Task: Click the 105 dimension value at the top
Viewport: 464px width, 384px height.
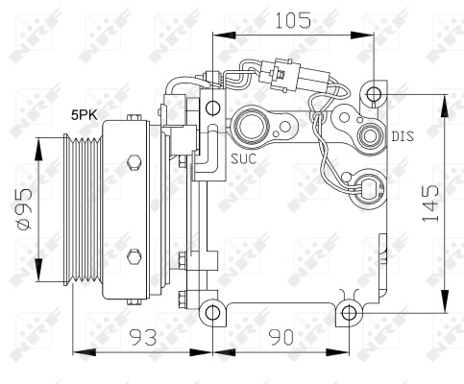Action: (293, 19)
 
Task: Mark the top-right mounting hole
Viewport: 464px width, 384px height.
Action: (375, 93)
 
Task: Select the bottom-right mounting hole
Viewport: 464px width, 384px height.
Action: (348, 312)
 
